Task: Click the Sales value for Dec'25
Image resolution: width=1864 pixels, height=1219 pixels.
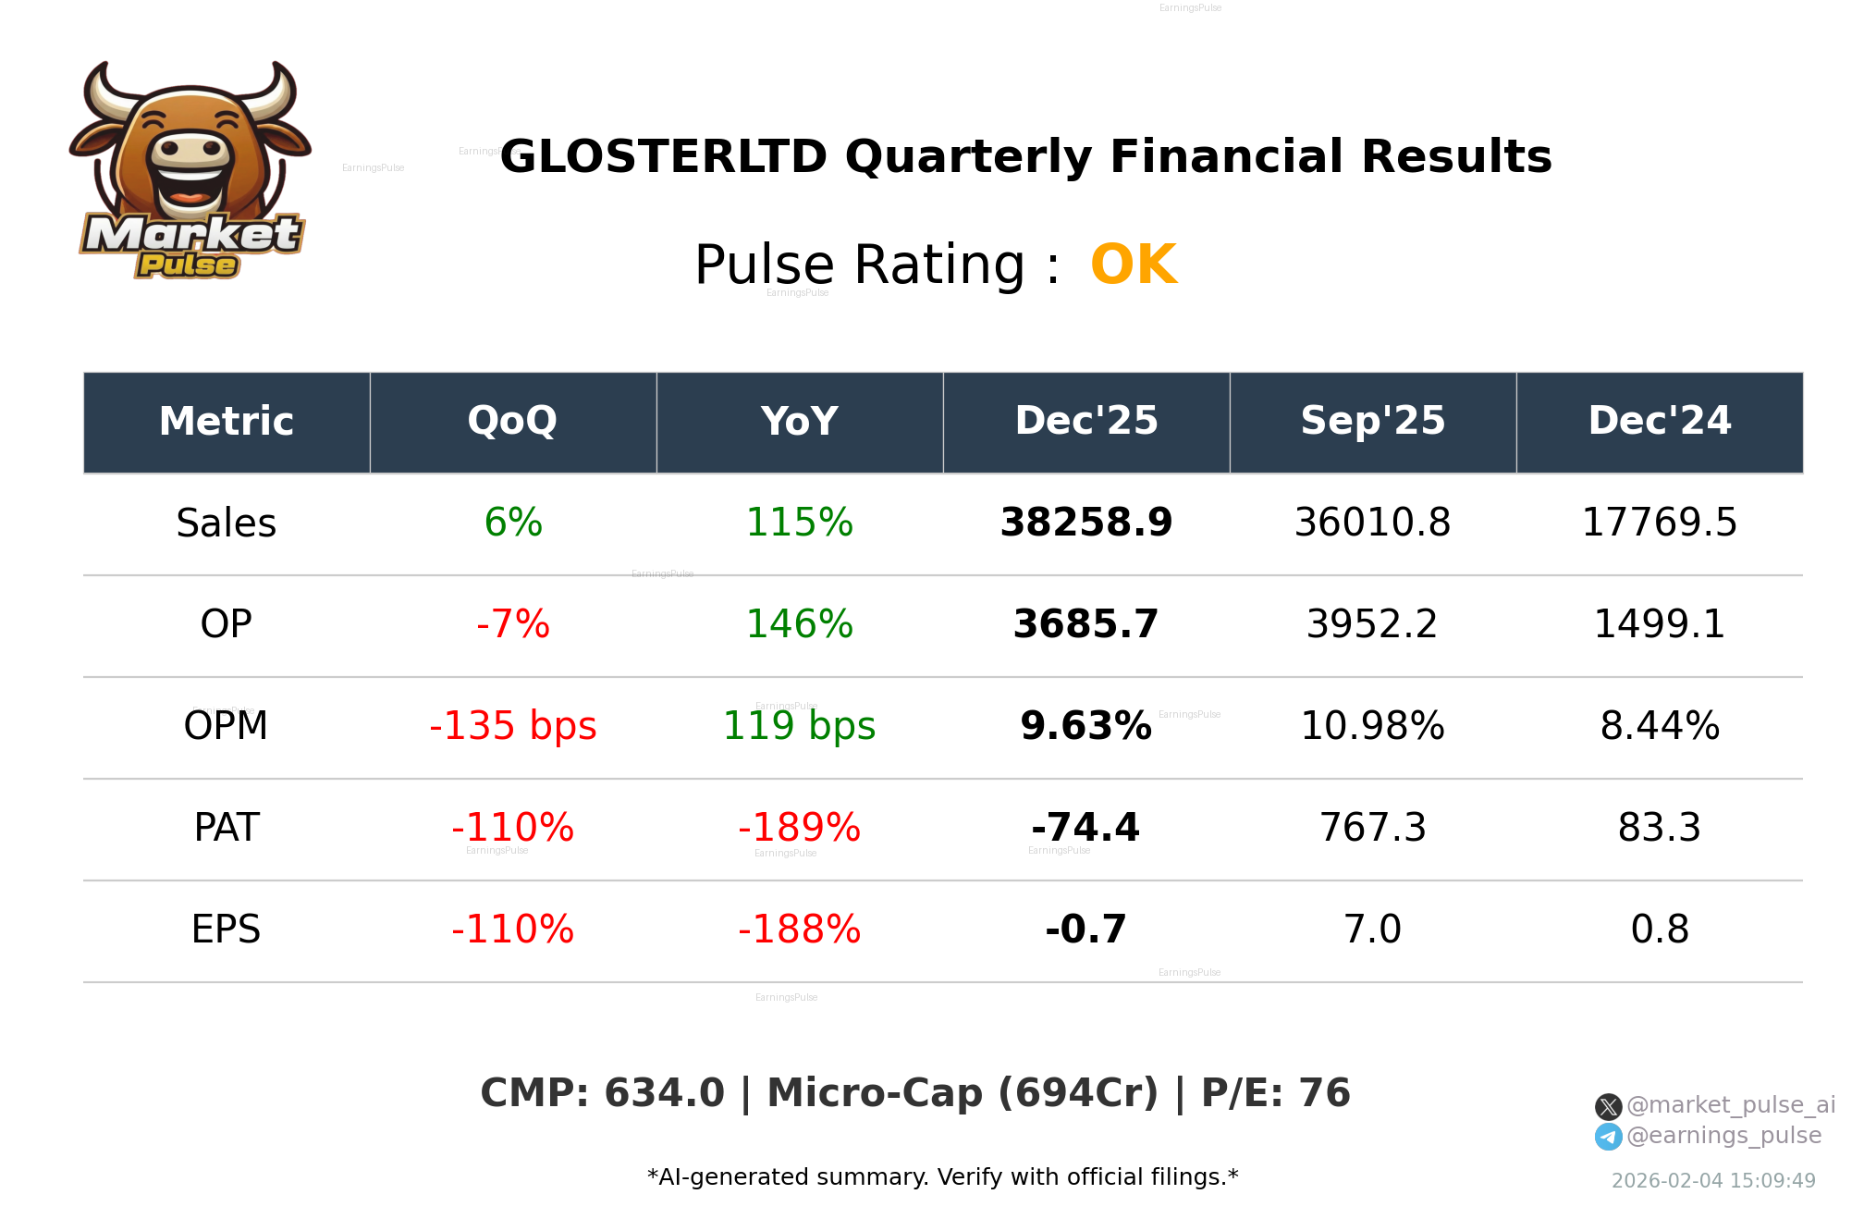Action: pos(1085,523)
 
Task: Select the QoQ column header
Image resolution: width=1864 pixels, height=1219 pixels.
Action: pos(512,422)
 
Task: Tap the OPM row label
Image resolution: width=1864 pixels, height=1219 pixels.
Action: pos(226,726)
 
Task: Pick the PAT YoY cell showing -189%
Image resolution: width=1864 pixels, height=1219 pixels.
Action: pos(799,828)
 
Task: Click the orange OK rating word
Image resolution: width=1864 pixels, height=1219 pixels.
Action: pos(1133,265)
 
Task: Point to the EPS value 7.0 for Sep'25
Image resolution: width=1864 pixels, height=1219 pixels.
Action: pos(1372,930)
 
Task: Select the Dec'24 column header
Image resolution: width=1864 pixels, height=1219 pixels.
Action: pos(1659,422)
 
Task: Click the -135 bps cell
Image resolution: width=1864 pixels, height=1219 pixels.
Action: pos(512,726)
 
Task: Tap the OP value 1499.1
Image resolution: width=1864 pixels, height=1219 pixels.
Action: pos(1659,624)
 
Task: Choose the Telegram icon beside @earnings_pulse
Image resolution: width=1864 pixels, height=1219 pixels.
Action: pos(1608,1137)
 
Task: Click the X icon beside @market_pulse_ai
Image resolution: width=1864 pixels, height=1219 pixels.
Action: pos(1608,1106)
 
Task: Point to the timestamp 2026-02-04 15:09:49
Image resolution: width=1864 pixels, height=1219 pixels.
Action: pos(1712,1181)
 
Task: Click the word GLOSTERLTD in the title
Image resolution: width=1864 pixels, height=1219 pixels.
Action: pos(663,157)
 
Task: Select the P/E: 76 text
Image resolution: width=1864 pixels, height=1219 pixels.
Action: pos(1275,1093)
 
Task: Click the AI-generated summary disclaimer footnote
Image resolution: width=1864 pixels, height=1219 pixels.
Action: pos(942,1177)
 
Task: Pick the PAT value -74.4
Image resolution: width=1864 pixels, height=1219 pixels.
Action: pos(1085,828)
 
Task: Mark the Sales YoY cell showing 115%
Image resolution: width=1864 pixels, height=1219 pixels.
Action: pos(799,523)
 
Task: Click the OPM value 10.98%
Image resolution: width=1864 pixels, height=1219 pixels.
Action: pos(1372,726)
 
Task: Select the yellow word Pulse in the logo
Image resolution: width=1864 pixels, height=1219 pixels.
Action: pos(188,265)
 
